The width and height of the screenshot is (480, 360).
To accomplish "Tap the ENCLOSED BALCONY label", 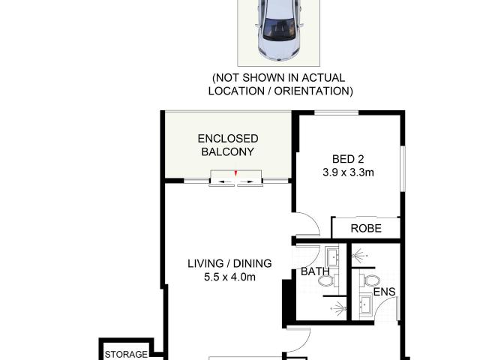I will pyautogui.click(x=227, y=145).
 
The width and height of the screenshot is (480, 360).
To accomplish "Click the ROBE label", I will pyautogui.click(x=365, y=229).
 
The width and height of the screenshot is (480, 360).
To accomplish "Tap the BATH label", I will pyautogui.click(x=314, y=272).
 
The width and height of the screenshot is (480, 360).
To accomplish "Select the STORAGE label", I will pyautogui.click(x=124, y=355).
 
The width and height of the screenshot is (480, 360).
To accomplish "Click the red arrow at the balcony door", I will pyautogui.click(x=236, y=175).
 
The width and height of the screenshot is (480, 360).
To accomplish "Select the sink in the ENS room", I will pyautogui.click(x=366, y=305).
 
